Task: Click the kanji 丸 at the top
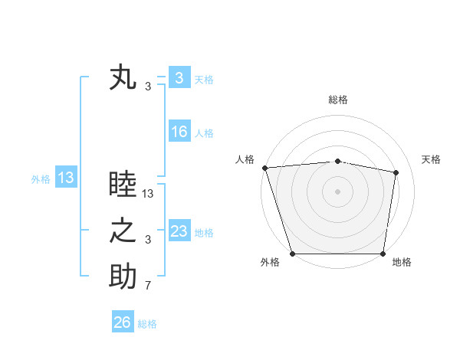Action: tap(123, 78)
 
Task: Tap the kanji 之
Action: tap(123, 231)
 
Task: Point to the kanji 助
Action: tap(123, 277)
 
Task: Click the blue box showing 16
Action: tap(179, 132)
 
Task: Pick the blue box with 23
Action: tap(179, 231)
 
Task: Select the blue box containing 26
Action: tap(122, 322)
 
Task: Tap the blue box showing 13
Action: tap(65, 178)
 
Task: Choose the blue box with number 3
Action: tap(179, 77)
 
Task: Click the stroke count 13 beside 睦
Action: tap(148, 195)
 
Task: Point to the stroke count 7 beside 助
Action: tap(148, 286)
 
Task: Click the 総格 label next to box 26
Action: tap(147, 324)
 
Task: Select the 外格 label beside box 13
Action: tap(41, 179)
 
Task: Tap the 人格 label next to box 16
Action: tap(204, 133)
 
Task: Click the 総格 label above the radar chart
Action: tap(337, 100)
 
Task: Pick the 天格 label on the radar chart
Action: tap(432, 159)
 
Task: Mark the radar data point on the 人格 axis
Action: tap(264, 168)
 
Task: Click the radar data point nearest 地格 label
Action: tap(383, 254)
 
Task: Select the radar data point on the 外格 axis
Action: tap(292, 254)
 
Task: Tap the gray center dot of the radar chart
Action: tap(337, 191)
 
